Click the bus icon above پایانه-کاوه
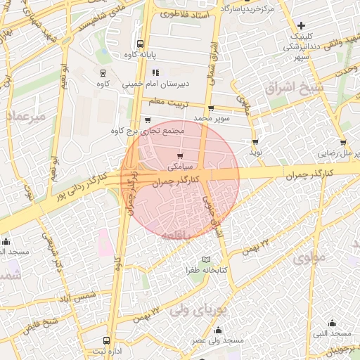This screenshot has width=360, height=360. [x=140, y=43]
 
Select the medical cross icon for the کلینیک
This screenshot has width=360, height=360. [x=301, y=26]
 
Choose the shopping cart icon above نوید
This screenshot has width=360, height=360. [x=255, y=141]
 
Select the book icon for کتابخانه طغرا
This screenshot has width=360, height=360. [x=206, y=259]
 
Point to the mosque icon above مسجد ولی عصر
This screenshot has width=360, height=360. [x=218, y=330]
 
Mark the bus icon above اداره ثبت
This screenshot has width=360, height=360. [x=97, y=337]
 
